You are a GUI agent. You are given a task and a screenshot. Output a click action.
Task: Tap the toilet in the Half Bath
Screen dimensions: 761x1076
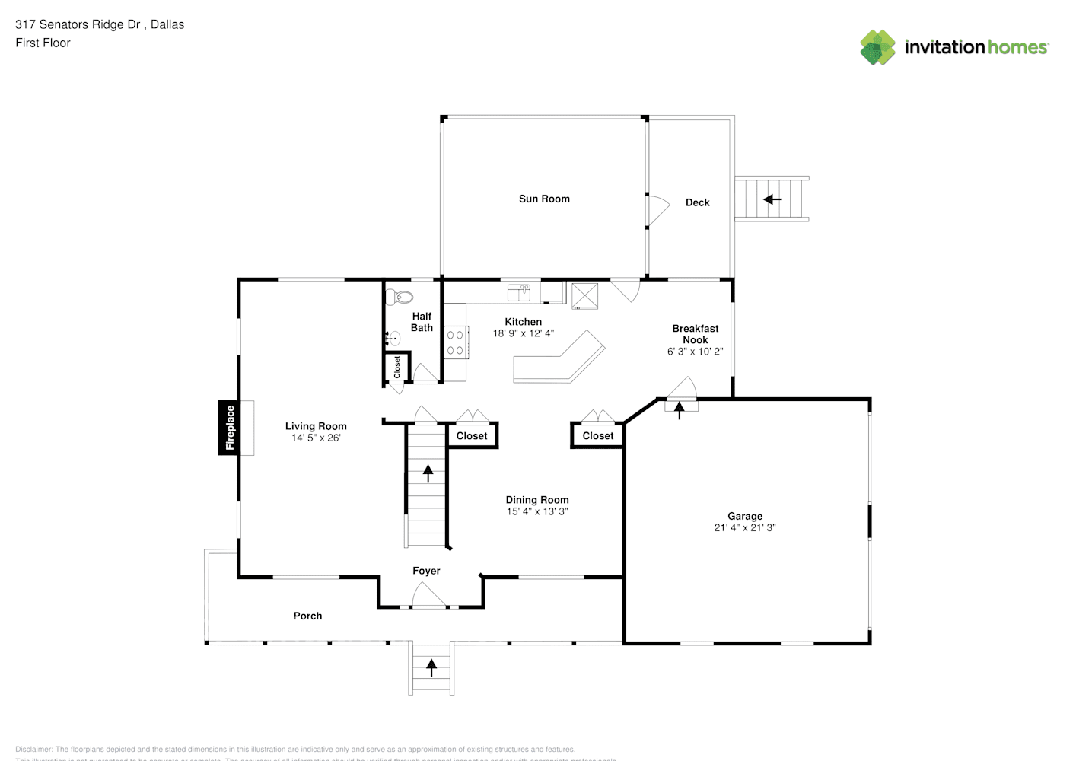[397, 295]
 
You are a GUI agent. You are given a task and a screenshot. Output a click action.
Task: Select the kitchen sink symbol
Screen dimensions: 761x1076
[519, 291]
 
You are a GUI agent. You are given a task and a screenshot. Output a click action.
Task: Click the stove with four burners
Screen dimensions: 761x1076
[456, 342]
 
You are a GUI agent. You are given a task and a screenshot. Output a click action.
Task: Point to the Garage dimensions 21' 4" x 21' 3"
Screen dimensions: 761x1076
[744, 527]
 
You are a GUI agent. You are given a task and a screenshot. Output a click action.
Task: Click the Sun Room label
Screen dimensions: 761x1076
[544, 199]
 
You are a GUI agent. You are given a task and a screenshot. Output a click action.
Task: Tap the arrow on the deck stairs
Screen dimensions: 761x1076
[772, 199]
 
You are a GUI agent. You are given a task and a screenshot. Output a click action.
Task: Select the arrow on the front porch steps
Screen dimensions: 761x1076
[431, 667]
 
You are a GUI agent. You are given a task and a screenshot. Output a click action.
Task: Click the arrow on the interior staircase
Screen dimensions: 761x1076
[428, 473]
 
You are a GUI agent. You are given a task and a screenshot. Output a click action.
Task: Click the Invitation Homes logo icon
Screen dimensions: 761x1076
[877, 47]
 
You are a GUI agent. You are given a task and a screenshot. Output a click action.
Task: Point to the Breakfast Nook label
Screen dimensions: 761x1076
[695, 334]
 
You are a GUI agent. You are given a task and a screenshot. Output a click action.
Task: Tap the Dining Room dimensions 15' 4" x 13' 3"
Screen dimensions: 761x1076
[537, 511]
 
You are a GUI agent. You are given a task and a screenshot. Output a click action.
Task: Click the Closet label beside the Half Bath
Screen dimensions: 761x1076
[396, 367]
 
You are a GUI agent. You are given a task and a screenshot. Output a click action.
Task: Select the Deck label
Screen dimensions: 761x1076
[697, 202]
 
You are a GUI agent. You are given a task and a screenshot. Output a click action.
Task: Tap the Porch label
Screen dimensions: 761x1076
[307, 616]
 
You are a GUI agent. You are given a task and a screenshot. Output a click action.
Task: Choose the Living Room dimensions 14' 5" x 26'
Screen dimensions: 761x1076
[316, 438]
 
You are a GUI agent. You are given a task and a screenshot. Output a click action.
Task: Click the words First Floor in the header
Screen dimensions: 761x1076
[43, 43]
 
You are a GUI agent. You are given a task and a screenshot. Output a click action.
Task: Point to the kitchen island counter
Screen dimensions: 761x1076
[559, 359]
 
